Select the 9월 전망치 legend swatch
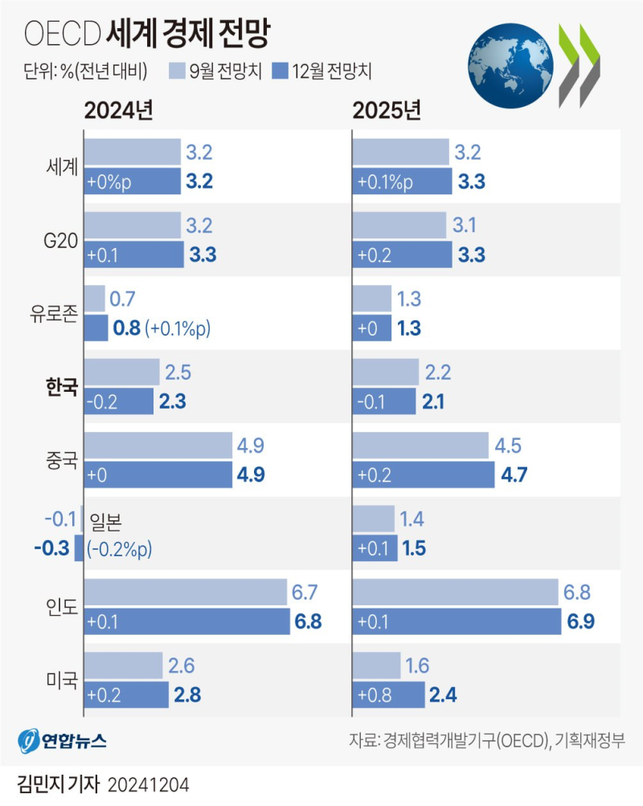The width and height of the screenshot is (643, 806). pos(178,70)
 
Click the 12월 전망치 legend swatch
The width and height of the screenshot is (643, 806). pos(281,70)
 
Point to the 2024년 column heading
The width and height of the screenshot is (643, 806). pos(119,110)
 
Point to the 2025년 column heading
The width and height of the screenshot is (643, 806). pos(387,110)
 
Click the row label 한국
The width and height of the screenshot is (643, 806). pos(62,387)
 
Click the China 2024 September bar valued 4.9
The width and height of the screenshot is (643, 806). pos(157,445)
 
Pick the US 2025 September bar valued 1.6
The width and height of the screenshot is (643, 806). pos(376,666)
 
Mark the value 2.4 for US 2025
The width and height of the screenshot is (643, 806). pos(443,695)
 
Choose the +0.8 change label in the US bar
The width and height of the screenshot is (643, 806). pos(375,695)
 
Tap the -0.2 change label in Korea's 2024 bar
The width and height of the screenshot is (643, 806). pos(104,401)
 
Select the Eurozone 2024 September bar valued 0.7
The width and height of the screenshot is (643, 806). pos(94,299)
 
